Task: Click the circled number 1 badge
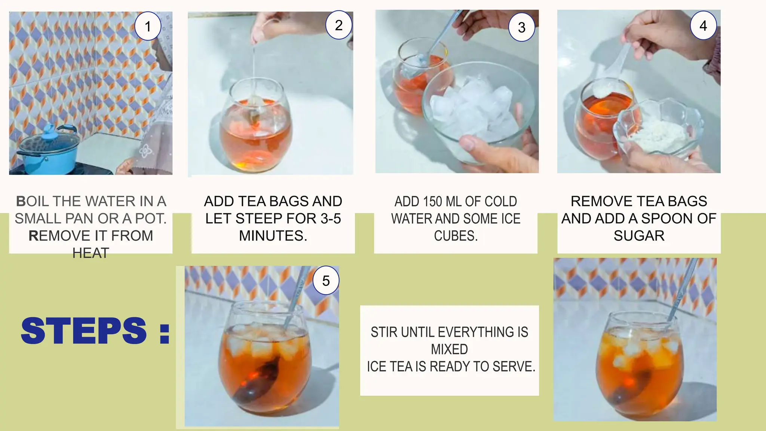pyautogui.click(x=148, y=27)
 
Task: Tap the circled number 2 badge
pyautogui.click(x=339, y=25)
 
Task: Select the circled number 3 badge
pyautogui.click(x=522, y=27)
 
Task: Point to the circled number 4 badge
pyautogui.click(x=703, y=26)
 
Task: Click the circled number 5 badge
pyautogui.click(x=326, y=281)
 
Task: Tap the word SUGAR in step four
pyautogui.click(x=639, y=236)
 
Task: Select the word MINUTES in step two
pyautogui.click(x=273, y=236)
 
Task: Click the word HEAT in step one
pyautogui.click(x=91, y=253)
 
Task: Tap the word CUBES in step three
pyautogui.click(x=455, y=236)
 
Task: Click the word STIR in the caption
pyautogui.click(x=383, y=332)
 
